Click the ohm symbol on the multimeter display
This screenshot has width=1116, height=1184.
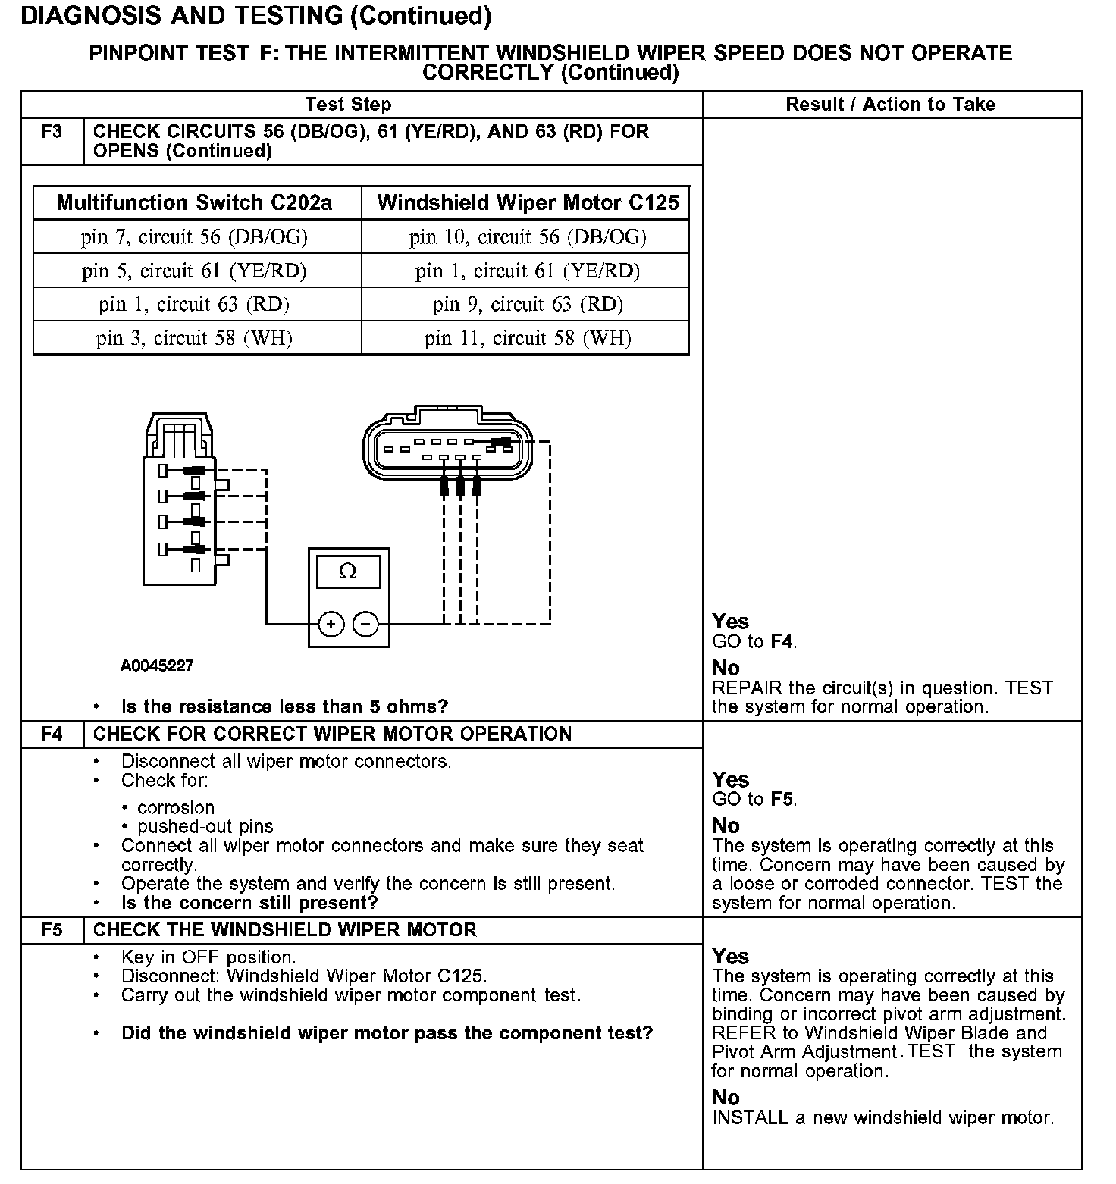click(348, 572)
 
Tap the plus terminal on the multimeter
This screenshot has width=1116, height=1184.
click(331, 624)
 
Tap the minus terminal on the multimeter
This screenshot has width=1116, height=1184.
click(365, 624)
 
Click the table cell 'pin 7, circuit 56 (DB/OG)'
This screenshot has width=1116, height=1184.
click(195, 237)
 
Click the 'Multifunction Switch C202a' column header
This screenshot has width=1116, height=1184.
click(195, 203)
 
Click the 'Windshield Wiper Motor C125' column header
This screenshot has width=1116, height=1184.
click(528, 203)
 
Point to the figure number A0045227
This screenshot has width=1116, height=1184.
click(157, 666)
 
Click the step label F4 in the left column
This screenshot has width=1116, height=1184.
click(52, 734)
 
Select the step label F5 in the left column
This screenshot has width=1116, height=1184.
click(52, 930)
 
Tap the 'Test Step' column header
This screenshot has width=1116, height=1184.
click(348, 105)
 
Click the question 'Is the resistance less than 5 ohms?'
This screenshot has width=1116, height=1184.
click(285, 707)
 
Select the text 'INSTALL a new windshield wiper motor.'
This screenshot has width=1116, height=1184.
click(882, 1118)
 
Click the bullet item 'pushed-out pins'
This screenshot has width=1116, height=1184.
click(205, 827)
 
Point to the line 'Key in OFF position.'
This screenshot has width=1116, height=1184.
click(208, 957)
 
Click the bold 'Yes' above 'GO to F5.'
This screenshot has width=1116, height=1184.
click(730, 779)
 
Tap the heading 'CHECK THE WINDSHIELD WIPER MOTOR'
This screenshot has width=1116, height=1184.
click(285, 930)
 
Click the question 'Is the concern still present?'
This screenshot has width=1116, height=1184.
click(249, 903)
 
